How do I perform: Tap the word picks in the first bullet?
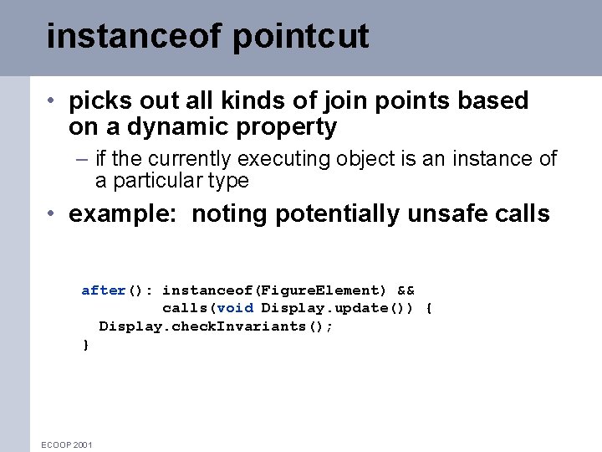(x=95, y=101)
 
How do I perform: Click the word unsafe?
(x=447, y=214)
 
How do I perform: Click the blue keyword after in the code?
(x=103, y=290)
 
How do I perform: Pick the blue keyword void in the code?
(x=235, y=308)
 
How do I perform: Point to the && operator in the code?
(x=406, y=290)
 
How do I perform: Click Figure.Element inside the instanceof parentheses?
(x=321, y=290)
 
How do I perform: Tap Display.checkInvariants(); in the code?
(x=216, y=326)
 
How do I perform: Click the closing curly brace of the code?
(x=85, y=344)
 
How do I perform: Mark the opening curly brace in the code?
(x=429, y=308)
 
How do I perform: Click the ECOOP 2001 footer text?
(x=67, y=444)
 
